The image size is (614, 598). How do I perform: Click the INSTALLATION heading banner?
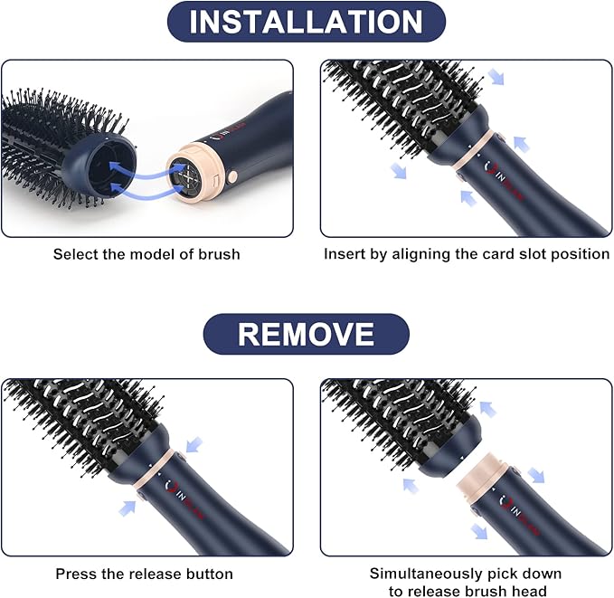click(x=307, y=22)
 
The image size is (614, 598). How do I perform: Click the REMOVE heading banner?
click(x=306, y=334)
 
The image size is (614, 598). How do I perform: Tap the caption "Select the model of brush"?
click(x=146, y=254)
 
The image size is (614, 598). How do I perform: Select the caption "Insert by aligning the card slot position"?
click(x=467, y=254)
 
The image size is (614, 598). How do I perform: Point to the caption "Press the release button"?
click(x=145, y=574)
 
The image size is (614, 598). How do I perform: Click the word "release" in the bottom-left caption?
click(x=159, y=574)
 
